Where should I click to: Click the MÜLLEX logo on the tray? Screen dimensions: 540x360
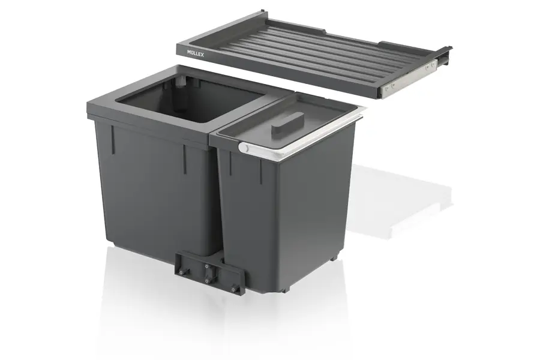tap(195, 53)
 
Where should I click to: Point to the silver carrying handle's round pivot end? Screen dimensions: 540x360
tap(243, 148)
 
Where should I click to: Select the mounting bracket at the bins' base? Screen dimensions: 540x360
tap(211, 272)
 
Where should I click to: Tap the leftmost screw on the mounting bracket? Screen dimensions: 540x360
tap(181, 272)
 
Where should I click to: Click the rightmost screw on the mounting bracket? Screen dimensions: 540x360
tap(235, 289)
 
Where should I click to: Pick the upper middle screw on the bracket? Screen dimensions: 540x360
tap(207, 266)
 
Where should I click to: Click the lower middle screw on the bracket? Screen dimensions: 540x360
tap(207, 281)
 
